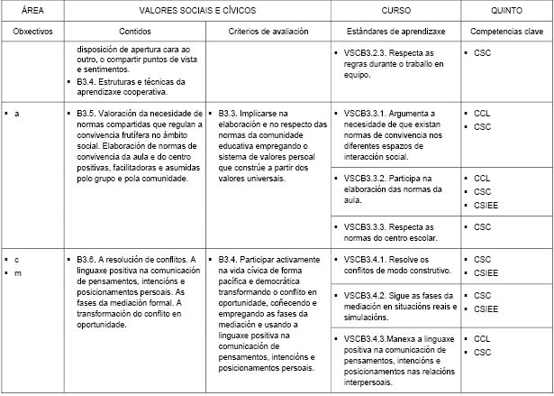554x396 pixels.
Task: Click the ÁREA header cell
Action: coord(32,10)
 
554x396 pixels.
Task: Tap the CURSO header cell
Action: coord(395,10)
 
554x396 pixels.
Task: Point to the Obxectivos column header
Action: coord(32,31)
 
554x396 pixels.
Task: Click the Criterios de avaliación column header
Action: coord(268,31)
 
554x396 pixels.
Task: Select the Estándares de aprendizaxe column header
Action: coord(395,31)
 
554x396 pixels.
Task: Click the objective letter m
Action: coord(17,273)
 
